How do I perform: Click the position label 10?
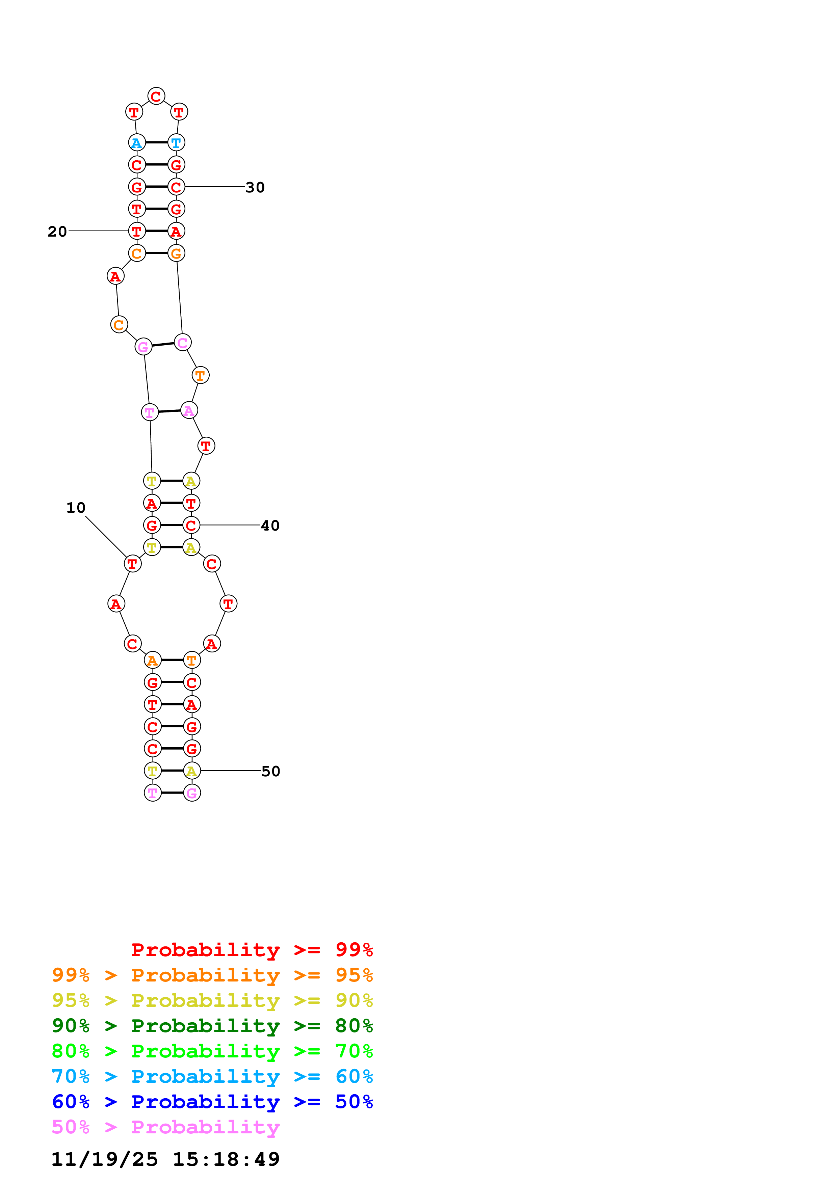(x=76, y=508)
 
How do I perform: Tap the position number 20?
(x=57, y=232)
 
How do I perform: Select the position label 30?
(x=255, y=187)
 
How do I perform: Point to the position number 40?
(x=270, y=526)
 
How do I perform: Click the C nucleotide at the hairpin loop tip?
(x=156, y=97)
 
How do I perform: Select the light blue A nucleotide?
(x=137, y=143)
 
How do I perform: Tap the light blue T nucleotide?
(x=176, y=143)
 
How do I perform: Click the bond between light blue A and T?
(x=156, y=143)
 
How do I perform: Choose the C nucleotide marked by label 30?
(x=176, y=187)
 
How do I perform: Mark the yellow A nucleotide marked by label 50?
(x=192, y=771)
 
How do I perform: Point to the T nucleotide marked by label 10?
(x=133, y=564)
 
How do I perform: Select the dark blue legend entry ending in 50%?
(x=212, y=1102)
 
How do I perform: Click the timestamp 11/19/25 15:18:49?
(x=165, y=1159)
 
